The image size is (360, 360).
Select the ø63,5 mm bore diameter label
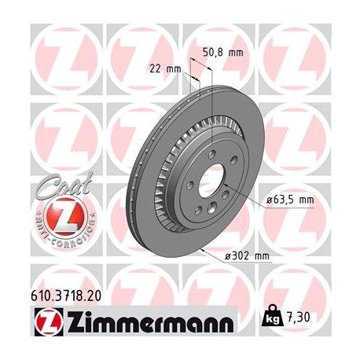pyautogui.click(x=289, y=200)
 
